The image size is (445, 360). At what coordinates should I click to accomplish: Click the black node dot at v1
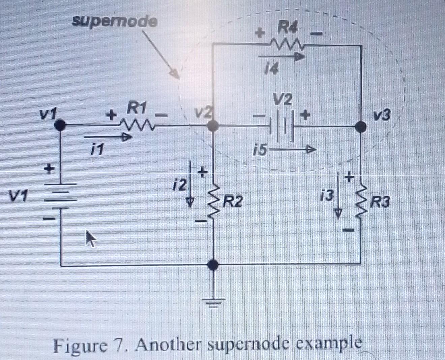pyautogui.click(x=60, y=125)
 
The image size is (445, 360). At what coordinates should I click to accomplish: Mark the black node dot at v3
pyautogui.click(x=361, y=127)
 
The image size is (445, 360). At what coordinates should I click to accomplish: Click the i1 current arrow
pyautogui.click(x=107, y=137)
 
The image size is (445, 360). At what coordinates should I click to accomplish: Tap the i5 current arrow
pyautogui.click(x=293, y=149)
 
